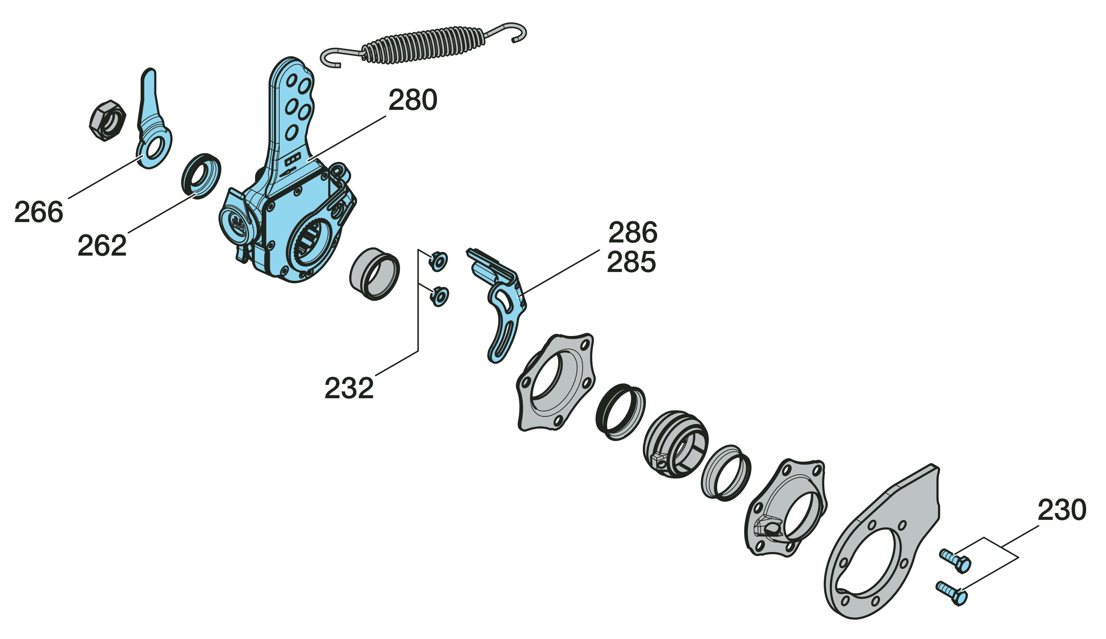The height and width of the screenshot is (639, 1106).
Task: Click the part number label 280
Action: click(413, 100)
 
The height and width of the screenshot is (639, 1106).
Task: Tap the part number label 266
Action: click(39, 212)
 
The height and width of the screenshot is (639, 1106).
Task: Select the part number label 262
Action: click(102, 246)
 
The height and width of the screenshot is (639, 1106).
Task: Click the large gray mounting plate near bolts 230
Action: click(882, 548)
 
